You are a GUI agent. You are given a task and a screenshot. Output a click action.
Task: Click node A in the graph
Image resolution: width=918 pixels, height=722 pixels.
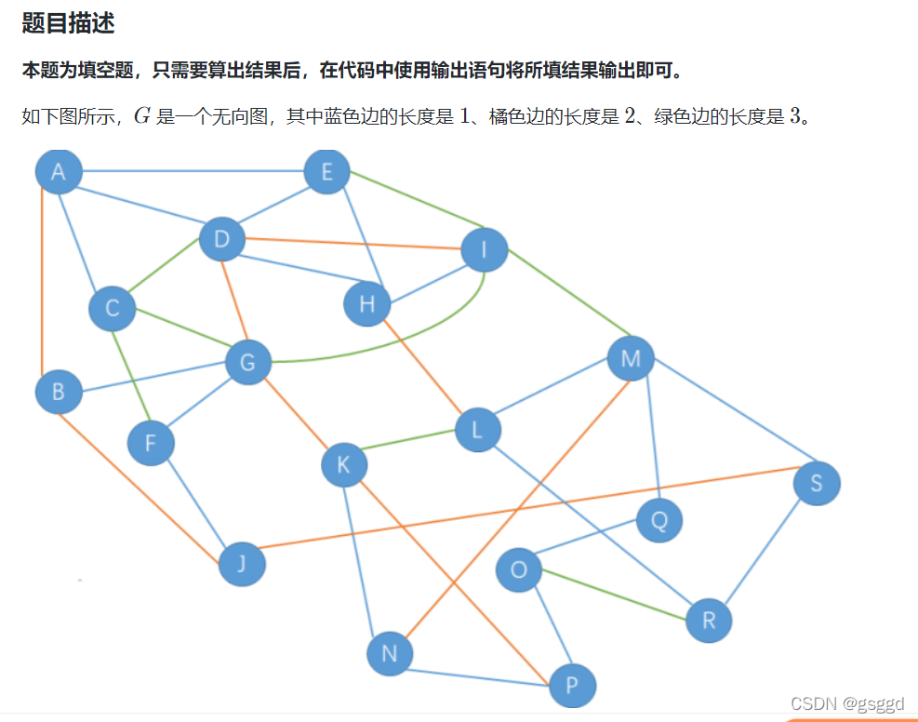(x=59, y=171)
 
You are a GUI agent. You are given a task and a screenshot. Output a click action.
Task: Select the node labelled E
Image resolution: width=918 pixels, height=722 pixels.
(x=326, y=171)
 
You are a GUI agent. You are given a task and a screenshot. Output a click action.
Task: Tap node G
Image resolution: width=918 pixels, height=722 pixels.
(x=247, y=362)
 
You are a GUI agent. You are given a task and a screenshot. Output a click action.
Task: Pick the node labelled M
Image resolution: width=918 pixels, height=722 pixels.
(x=631, y=359)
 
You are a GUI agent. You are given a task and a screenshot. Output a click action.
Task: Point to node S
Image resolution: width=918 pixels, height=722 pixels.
(x=817, y=483)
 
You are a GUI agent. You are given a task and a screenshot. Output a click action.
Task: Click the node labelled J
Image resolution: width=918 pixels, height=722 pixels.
(x=242, y=563)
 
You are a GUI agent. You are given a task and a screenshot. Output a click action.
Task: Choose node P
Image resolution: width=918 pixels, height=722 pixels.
(x=572, y=687)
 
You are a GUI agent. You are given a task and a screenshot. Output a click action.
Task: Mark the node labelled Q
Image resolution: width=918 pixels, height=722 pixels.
(x=659, y=520)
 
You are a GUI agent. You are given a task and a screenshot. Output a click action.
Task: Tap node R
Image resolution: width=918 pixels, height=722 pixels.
(x=709, y=621)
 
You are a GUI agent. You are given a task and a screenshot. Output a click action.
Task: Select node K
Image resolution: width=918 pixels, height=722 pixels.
(x=344, y=464)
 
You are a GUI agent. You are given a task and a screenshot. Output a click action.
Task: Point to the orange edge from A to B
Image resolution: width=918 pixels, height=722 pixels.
(x=43, y=279)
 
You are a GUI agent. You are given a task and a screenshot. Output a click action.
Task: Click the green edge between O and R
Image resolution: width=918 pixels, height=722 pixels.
(x=614, y=595)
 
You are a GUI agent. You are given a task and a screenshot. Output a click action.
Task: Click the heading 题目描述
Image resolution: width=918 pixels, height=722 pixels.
(x=68, y=24)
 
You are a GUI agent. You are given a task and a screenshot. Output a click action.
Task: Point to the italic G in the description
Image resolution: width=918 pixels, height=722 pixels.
(x=141, y=117)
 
